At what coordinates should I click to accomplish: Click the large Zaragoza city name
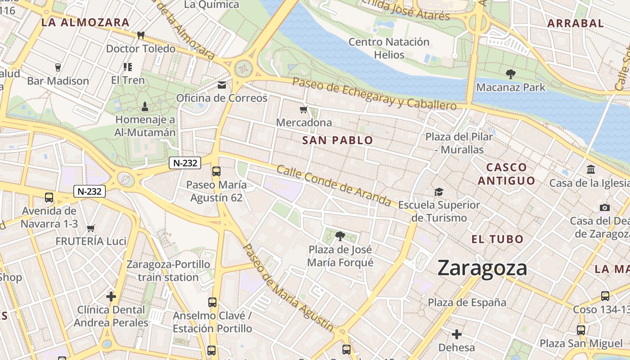482,268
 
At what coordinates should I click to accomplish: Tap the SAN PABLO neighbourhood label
337,140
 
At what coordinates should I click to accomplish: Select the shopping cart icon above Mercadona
304,109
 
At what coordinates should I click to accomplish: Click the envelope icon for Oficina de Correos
222,85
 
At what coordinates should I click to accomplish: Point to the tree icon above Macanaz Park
510,74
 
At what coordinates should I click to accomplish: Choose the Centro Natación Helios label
389,49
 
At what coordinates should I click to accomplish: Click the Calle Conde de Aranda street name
333,185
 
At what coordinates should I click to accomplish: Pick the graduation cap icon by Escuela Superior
439,192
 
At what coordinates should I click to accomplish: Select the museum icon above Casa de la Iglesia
591,170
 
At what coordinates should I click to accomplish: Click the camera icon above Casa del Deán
605,207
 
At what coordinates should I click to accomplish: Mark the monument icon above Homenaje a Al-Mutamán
145,107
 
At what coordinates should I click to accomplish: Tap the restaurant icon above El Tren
128,67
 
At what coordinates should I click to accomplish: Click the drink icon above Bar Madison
58,67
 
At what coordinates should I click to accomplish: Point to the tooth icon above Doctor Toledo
140,35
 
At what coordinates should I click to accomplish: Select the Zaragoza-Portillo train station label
168,270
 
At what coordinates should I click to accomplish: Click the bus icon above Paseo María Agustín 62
216,171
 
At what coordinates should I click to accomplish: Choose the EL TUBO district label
497,239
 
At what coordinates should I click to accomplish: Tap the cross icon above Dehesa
457,334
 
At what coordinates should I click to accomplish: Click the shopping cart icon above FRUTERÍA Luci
90,229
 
